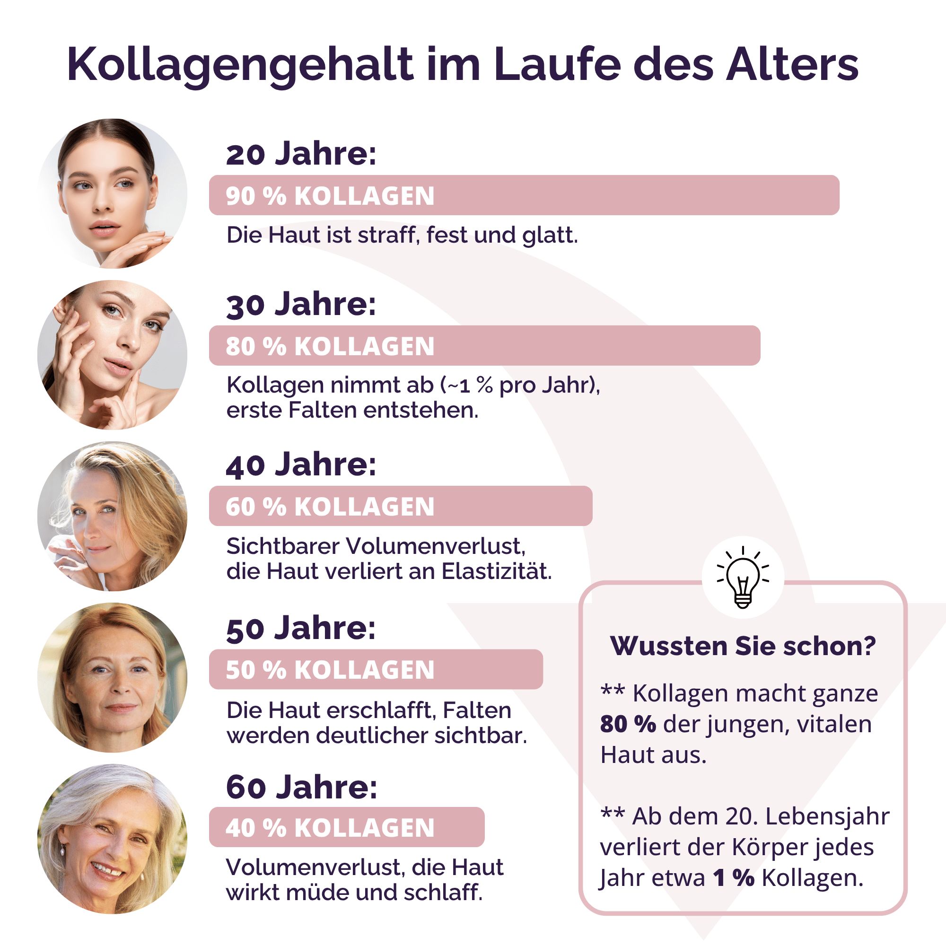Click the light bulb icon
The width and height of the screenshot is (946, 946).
(x=743, y=578)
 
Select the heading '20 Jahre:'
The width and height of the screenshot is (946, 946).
(x=301, y=154)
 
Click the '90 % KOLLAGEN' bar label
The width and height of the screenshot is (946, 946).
(x=330, y=196)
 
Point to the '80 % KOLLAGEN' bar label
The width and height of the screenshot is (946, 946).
(x=330, y=346)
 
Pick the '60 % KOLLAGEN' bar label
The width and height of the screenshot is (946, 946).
(x=330, y=506)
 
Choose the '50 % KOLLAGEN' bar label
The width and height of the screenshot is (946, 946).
(x=330, y=670)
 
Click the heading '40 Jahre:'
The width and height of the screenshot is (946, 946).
(x=301, y=464)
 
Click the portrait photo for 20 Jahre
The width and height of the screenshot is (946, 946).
(x=112, y=193)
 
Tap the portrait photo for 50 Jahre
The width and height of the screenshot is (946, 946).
(x=112, y=677)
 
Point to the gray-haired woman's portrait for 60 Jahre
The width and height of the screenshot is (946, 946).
(x=112, y=838)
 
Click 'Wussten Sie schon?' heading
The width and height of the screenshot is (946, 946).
(x=743, y=646)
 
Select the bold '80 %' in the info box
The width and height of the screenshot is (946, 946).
(x=628, y=724)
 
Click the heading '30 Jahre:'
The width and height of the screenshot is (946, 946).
(x=301, y=304)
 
